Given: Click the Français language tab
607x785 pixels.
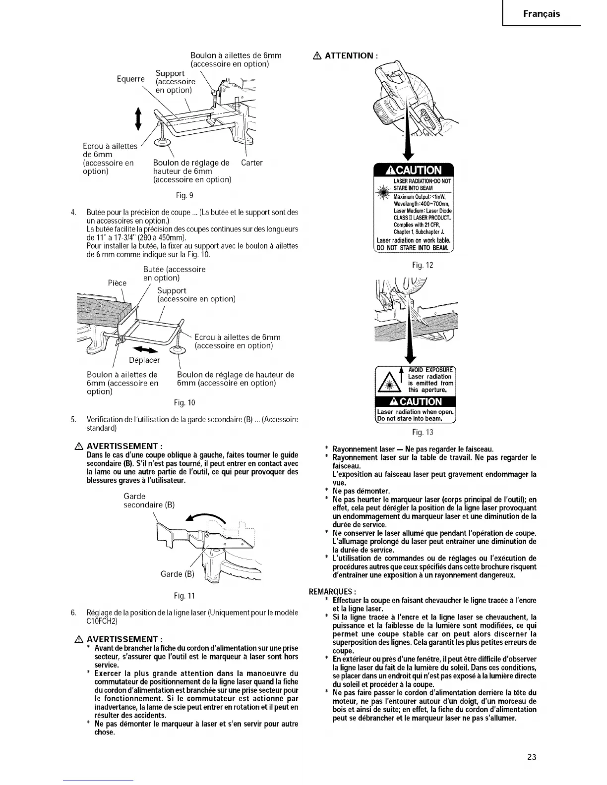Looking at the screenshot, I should [542, 13].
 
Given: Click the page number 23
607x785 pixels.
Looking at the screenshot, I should [532, 757].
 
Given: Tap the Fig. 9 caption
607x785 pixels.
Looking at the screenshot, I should [181, 194].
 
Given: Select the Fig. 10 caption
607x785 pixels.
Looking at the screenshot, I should [181, 402].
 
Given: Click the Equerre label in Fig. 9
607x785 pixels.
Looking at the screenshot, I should [130, 79].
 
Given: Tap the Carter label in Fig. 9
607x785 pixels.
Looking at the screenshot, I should [252, 163].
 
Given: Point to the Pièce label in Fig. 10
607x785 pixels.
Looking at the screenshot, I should [117, 283].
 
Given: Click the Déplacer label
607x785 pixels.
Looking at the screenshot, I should [144, 360].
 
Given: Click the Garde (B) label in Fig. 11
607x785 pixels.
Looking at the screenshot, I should [178, 574].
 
